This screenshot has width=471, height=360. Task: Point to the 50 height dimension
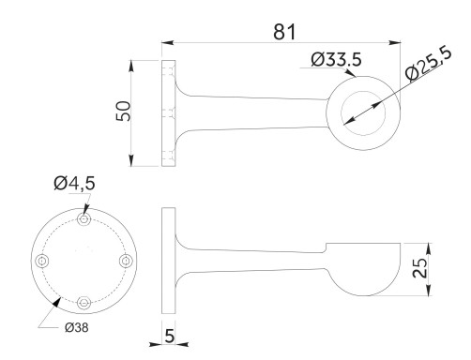(122, 112)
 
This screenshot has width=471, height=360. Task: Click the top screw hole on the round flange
(84, 219)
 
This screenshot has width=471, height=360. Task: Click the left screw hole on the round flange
(41, 261)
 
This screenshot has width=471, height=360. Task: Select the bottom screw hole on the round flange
(84, 302)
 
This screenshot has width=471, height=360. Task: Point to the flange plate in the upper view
(169, 112)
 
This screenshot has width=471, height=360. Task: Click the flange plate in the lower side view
(169, 261)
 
